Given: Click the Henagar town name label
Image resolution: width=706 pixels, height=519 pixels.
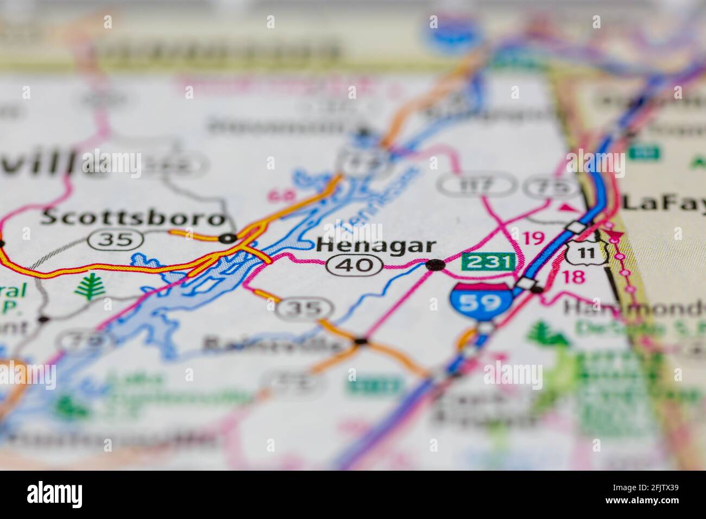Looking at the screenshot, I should point(375,245).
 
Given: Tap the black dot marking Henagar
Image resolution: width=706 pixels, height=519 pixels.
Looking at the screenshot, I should point(435,265).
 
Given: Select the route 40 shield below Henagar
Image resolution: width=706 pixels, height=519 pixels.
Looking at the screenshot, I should point(354,265).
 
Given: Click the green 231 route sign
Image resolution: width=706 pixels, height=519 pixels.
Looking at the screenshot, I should point(488,262).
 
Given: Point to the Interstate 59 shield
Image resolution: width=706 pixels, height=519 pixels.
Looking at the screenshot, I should point(481,300).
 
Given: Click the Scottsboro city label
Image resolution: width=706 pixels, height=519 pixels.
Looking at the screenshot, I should point(134,218).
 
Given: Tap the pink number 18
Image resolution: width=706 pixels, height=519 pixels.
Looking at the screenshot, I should point(573,276).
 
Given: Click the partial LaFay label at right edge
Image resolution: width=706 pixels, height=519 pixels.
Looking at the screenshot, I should point(663,202).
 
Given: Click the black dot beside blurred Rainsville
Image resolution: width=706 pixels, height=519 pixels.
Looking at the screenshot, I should point(361,341).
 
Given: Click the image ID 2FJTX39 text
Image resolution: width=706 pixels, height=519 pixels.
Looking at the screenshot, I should point(655,492).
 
